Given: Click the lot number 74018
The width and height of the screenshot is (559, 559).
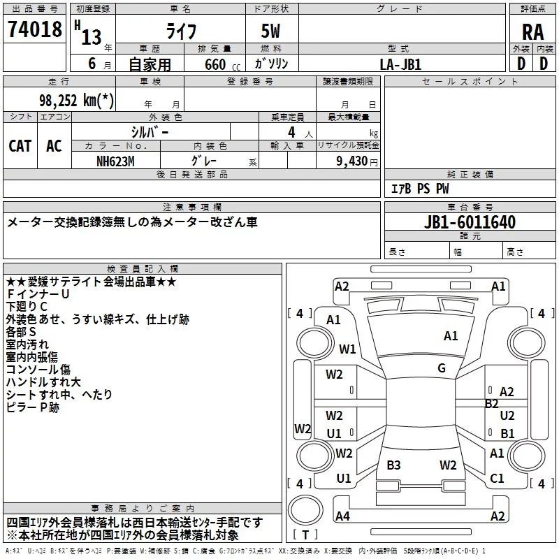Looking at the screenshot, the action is (34, 29).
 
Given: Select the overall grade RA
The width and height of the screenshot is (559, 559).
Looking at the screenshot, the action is (532, 32).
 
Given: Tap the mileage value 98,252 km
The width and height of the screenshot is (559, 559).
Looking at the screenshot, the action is (76, 100).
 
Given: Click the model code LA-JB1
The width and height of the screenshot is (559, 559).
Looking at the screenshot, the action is (400, 64).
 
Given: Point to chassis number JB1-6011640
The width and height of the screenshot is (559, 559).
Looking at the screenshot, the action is (470, 222).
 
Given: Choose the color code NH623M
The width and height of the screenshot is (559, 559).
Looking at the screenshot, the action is (115, 161).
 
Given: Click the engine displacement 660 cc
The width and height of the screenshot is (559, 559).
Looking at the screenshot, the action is (222, 64).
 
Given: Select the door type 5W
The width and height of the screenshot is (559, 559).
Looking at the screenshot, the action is (270, 31).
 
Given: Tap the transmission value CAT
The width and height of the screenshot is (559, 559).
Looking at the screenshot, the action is (20, 146).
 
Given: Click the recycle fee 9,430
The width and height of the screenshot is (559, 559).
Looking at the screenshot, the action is (352, 161).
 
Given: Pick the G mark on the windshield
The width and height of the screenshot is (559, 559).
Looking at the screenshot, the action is (442, 368).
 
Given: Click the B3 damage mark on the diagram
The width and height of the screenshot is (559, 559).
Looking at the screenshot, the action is (393, 465).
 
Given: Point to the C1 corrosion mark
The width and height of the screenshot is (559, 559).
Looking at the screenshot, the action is (497, 478).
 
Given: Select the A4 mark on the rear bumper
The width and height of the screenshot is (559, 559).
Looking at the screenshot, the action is (342, 516).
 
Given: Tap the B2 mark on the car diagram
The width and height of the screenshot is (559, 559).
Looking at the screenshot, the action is (492, 404).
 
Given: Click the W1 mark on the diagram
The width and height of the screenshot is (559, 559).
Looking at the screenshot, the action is (347, 349).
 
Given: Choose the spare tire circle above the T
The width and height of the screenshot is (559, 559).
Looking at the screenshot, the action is (305, 509).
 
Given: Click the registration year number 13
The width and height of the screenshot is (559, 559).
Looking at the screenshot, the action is (92, 37).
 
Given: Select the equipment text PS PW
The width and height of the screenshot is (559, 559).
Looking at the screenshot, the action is (433, 189).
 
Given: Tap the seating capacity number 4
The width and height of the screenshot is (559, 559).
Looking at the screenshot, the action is (291, 132).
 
